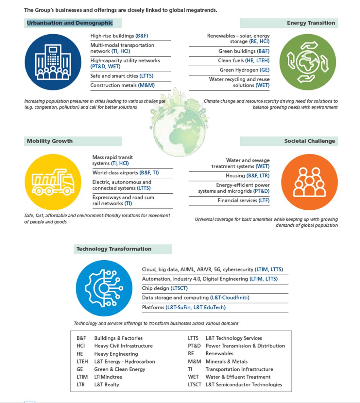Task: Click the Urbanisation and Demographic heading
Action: pos(70,23)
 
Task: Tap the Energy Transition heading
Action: pos(311,23)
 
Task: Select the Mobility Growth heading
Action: pos(50,141)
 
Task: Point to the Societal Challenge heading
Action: pos(309,141)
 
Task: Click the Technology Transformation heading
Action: pos(114,249)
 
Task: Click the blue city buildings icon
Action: pos(53,62)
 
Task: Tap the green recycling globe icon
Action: pos(307,62)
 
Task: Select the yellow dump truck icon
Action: pos(53,182)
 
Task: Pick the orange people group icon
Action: pos(309,182)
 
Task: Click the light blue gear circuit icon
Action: pos(104,288)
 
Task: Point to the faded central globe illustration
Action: pos(179,127)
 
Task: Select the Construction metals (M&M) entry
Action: pos(122,85)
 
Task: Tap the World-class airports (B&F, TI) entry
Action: pos(125,173)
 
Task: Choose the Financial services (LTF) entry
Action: pos(244,201)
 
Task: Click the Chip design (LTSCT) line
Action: pos(165,288)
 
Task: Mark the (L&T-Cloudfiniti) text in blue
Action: pos(230,298)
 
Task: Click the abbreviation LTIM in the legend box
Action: pos(82,377)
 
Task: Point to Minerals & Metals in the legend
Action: pos(226,362)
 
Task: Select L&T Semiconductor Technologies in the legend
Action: pos(244,385)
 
